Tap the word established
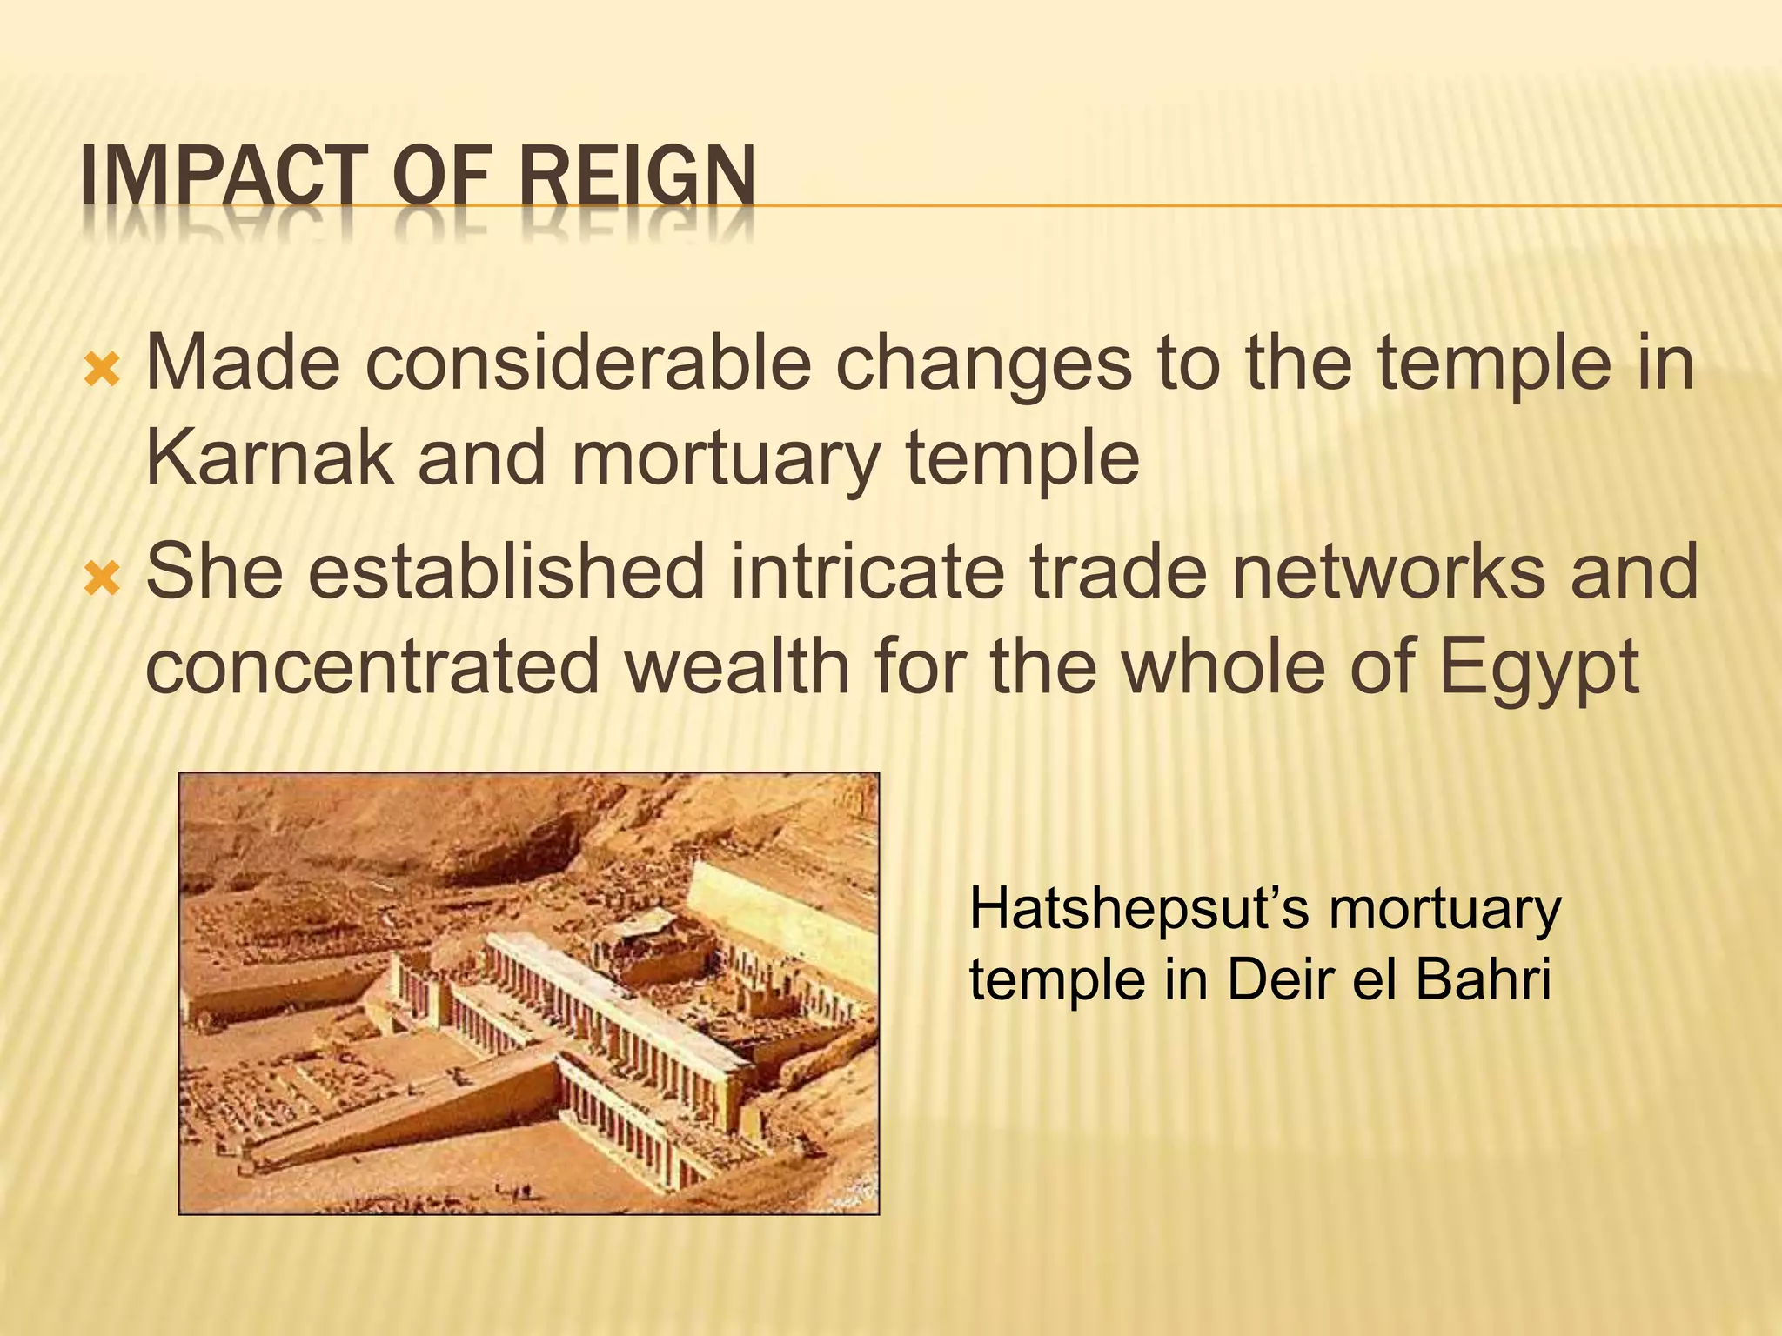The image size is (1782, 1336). (506, 571)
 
